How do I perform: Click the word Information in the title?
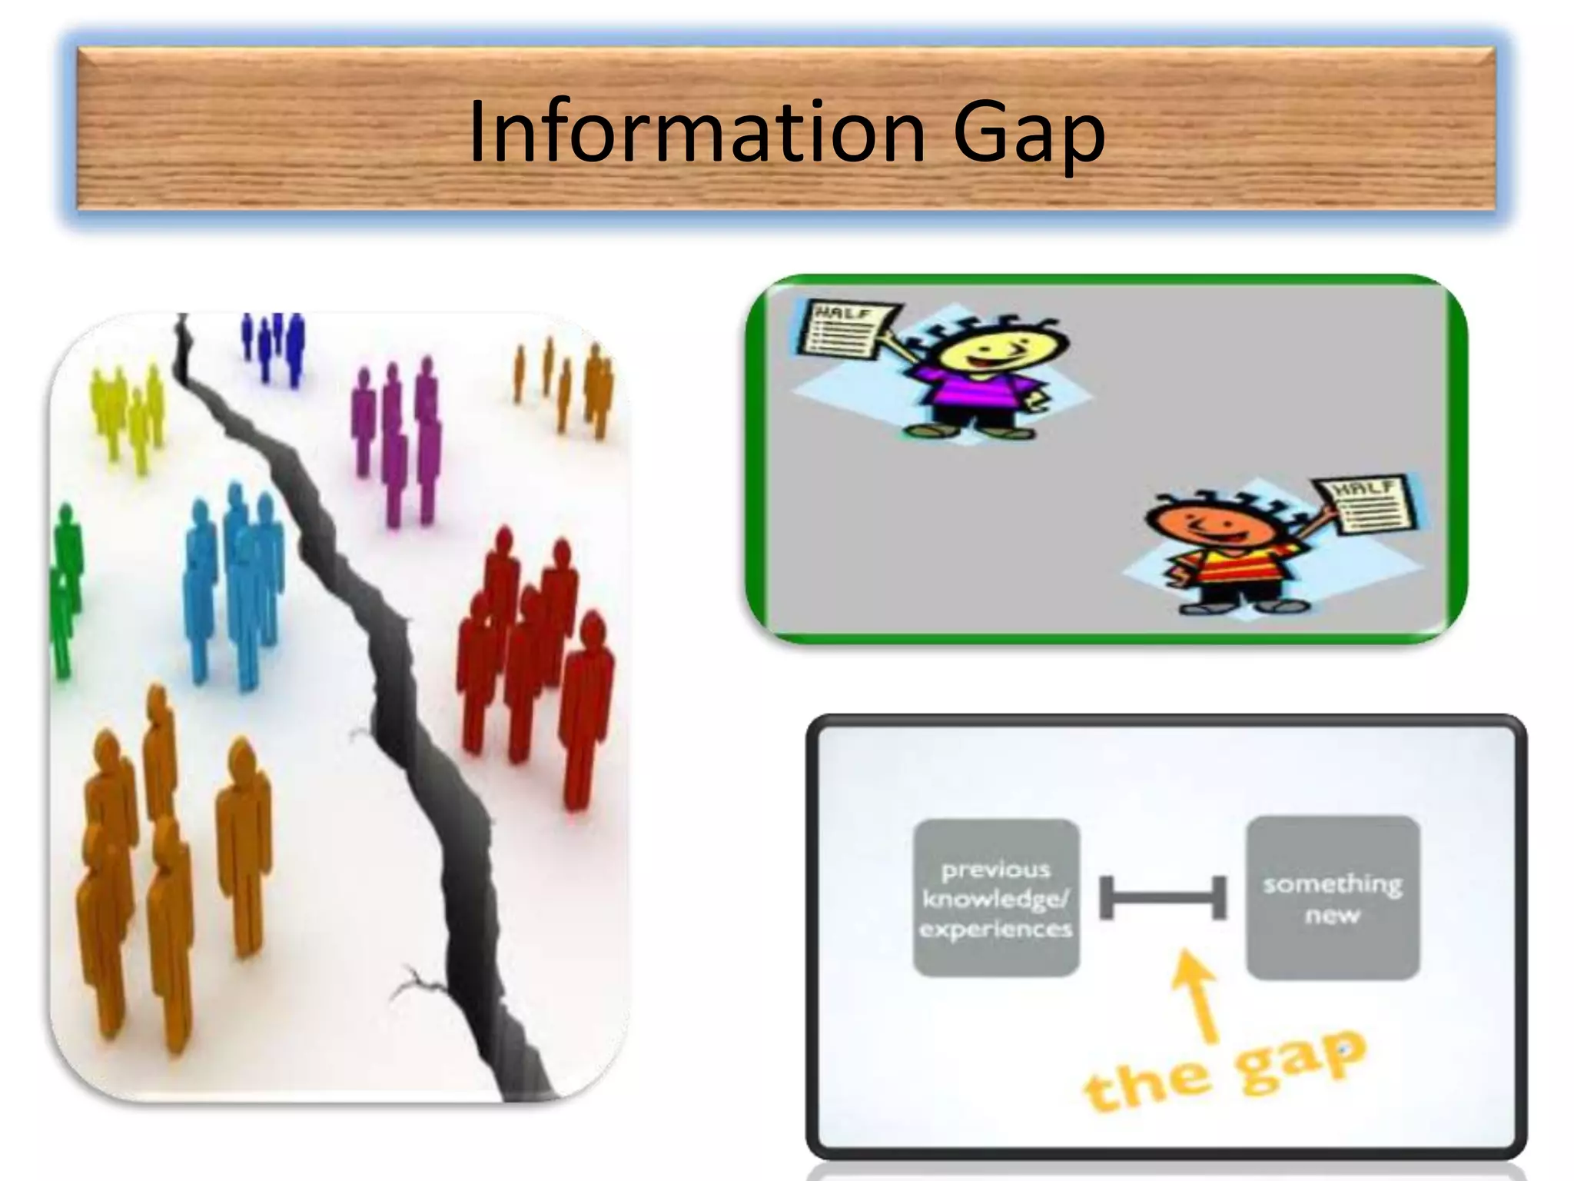tap(696, 132)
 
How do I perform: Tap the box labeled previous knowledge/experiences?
tap(996, 898)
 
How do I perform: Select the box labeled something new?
tap(1332, 897)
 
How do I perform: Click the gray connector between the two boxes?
tap(1163, 897)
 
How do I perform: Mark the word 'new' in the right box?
tap(1332, 915)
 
